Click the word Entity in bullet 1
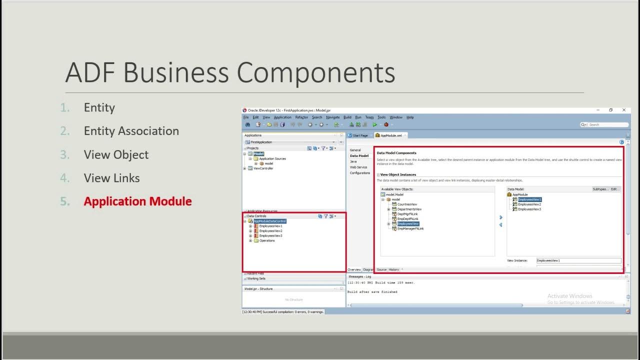point(99,108)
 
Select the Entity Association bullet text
point(131,131)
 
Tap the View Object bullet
point(116,155)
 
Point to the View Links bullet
point(111,178)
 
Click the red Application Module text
point(137,201)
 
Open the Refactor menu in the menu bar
point(301,117)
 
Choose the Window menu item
point(396,117)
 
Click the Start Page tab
point(360,135)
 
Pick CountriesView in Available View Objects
point(407,204)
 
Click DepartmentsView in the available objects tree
point(409,209)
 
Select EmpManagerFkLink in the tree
point(410,228)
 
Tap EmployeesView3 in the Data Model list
point(529,209)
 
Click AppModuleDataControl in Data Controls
point(270,221)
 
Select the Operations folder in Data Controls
point(267,240)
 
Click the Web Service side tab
point(358,167)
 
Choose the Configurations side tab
point(360,173)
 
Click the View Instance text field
point(578,260)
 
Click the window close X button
point(624,110)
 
